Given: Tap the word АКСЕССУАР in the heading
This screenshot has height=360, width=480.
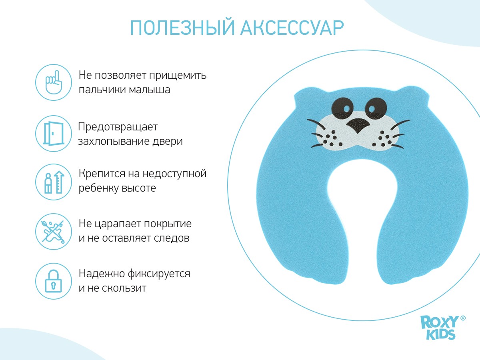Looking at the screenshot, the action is pos(292,28).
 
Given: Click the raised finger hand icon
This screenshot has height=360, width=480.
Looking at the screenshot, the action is pos(54,82).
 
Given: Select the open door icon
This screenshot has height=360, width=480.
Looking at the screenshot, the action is pos(54,134).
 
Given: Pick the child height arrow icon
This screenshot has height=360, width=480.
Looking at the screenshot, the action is pos(54,182).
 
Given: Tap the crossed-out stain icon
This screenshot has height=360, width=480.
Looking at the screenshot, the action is pos(54,232).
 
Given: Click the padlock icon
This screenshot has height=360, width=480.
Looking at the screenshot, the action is pos(54,281).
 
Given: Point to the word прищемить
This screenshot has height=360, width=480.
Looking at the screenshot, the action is pos(178,76).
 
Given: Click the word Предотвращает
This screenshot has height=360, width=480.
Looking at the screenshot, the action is pos(118,127).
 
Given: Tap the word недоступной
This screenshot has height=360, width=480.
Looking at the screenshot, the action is pos(174,174).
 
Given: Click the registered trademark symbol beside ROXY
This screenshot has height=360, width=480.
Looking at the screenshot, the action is pos(463,318).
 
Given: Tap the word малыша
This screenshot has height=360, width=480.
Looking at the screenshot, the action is pos(149,90).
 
